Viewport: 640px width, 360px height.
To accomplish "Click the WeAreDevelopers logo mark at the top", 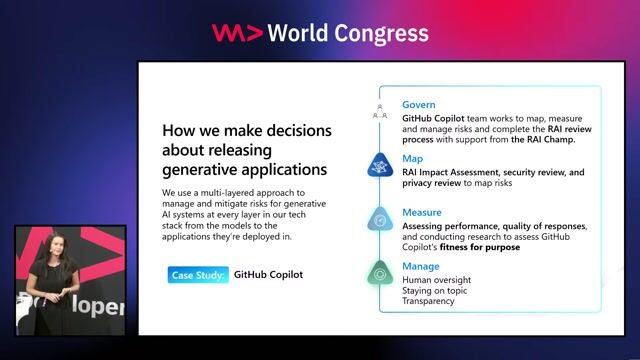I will coord(237,33).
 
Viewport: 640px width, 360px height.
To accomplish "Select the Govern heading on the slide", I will coord(419,105).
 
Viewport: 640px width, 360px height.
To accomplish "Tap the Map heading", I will coord(412,158).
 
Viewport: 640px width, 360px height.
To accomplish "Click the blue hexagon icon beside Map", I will coord(380,165).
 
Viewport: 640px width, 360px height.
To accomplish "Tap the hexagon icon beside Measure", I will coord(380,219).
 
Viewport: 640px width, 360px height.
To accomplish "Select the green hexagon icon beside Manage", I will coord(380,273).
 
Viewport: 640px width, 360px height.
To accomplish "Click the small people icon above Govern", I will coord(380,111).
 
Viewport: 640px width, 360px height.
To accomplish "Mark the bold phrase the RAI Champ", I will coord(546,140).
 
